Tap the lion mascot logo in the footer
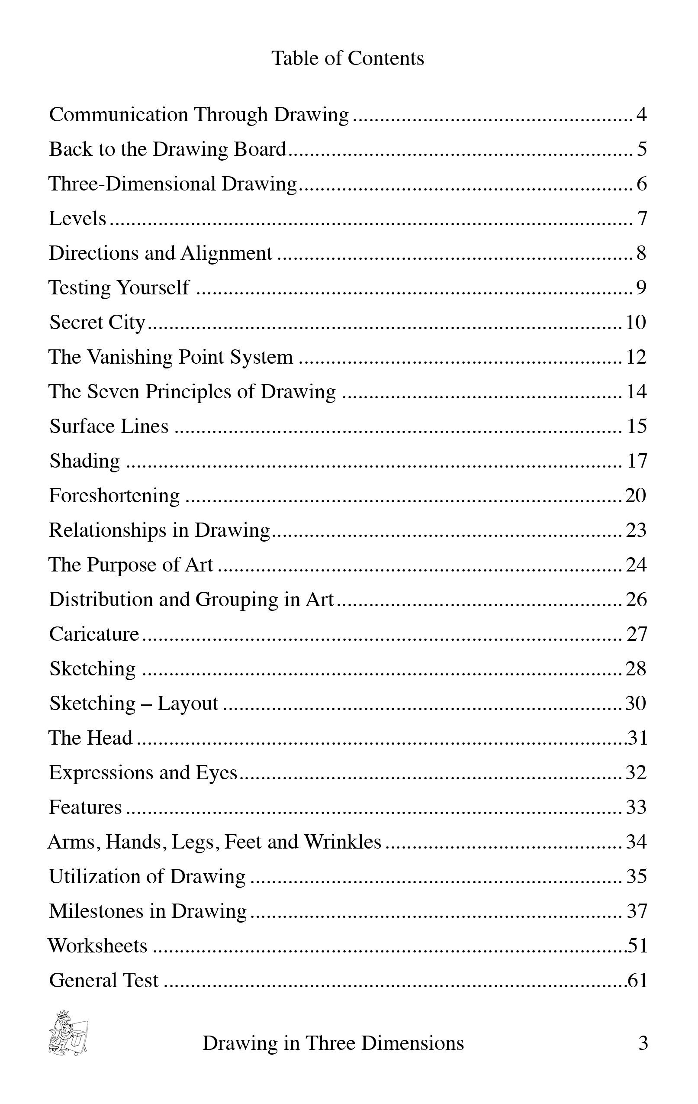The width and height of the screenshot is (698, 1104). [x=68, y=1032]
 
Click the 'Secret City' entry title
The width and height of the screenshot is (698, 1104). [x=97, y=322]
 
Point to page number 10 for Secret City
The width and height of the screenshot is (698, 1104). [x=636, y=322]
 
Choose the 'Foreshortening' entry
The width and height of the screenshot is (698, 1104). [x=114, y=496]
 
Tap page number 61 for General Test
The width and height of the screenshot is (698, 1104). [x=637, y=981]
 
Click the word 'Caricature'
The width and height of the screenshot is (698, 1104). [x=94, y=634]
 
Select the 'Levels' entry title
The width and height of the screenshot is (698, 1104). [x=77, y=218]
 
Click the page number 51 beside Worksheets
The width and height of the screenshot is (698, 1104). [x=637, y=946]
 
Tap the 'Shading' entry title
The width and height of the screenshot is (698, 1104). [x=85, y=461]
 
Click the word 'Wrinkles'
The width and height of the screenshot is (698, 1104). [x=343, y=842]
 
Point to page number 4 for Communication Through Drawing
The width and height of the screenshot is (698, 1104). [x=641, y=114]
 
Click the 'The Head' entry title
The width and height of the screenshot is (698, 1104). [x=91, y=738]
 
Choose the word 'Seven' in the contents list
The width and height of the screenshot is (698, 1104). [x=113, y=391]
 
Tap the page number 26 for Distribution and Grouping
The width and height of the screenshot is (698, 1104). [x=636, y=599]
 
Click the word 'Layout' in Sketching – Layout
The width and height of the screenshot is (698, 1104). [x=188, y=703]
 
